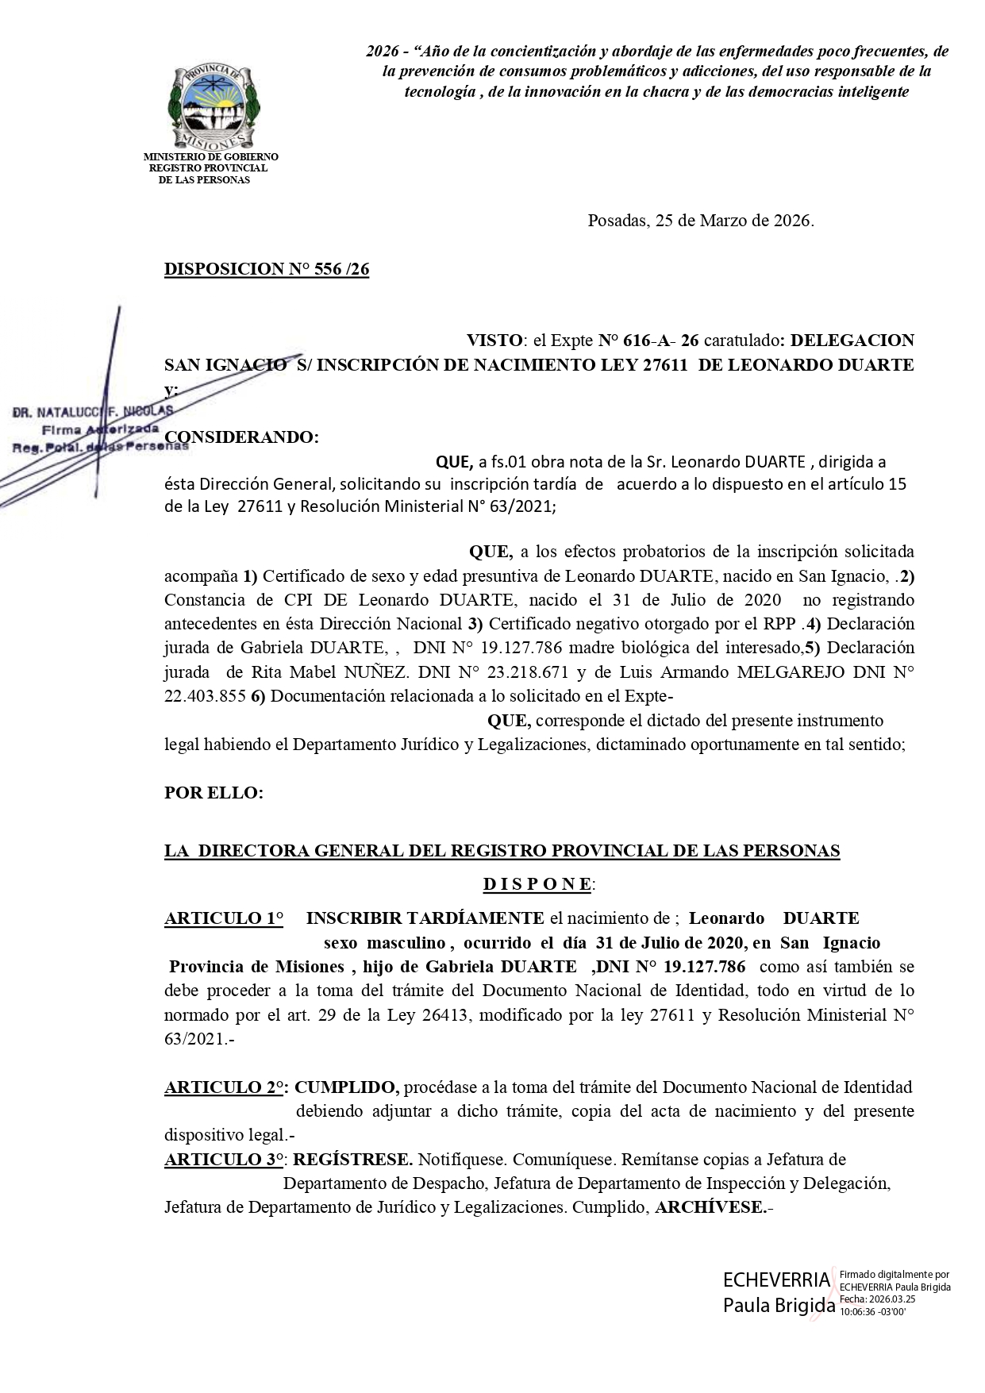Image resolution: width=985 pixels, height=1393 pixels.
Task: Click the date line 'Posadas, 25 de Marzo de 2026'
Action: (700, 221)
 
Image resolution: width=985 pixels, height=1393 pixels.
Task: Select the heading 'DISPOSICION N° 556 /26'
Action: (267, 269)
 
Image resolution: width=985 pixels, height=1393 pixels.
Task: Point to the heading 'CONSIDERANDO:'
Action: (241, 437)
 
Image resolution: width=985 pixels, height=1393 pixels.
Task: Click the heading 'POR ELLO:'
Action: (214, 792)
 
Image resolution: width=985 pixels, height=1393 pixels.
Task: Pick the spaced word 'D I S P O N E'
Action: (537, 883)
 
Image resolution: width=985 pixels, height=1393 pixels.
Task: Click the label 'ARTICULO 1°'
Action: (224, 918)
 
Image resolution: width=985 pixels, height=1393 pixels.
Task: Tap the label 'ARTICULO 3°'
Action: (224, 1159)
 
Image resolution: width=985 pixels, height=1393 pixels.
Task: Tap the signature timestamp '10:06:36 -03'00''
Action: (872, 1311)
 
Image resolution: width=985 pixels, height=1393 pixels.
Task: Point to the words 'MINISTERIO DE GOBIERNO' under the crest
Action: (210, 157)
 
